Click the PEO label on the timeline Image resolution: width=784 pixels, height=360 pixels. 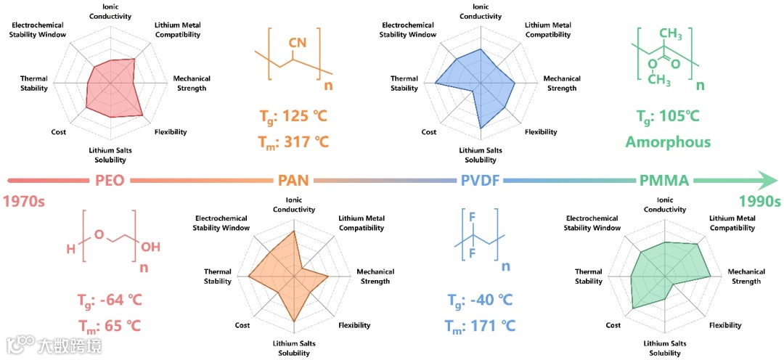[x=108, y=181]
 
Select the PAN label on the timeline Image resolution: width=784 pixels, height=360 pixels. [x=295, y=181]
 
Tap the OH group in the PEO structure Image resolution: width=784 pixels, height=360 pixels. [x=150, y=247]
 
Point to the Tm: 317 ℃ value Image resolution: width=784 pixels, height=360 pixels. [x=293, y=142]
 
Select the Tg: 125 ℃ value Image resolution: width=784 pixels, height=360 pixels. [x=293, y=116]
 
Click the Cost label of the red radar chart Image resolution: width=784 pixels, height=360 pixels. [x=59, y=132]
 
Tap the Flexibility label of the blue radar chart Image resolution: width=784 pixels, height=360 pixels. [x=541, y=132]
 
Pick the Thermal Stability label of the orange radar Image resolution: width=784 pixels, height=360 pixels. [x=217, y=277]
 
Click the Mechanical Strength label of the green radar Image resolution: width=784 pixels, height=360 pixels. [x=746, y=277]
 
